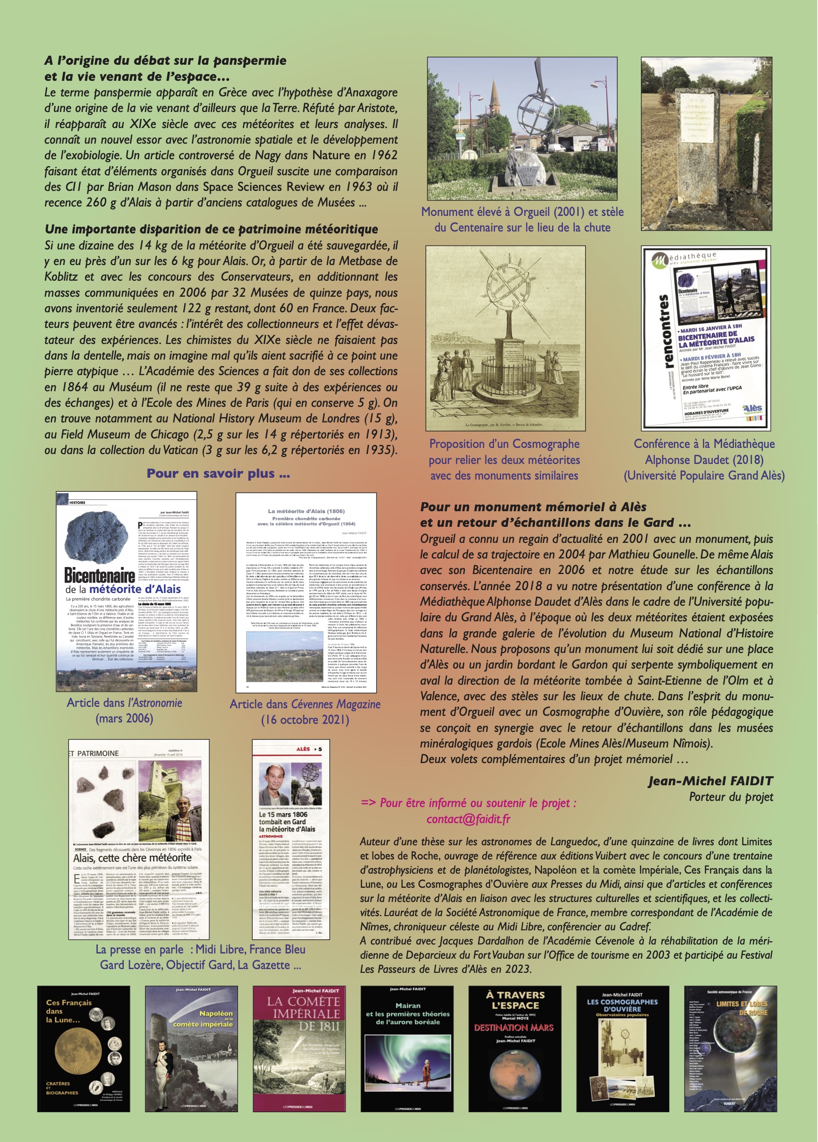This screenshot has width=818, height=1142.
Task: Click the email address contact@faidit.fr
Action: pyautogui.click(x=468, y=819)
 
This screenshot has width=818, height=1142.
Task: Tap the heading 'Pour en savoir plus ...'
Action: pyautogui.click(x=218, y=473)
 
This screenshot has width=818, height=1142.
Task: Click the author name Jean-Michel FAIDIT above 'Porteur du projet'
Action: pyautogui.click(x=710, y=781)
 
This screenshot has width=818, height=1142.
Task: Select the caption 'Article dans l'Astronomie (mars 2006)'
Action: pyautogui.click(x=124, y=711)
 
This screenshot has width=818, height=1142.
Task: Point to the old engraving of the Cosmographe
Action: pyautogui.click(x=505, y=338)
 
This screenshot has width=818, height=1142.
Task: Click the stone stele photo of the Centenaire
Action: pyautogui.click(x=706, y=144)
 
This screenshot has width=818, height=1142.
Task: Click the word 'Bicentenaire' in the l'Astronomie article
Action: pyautogui.click(x=100, y=575)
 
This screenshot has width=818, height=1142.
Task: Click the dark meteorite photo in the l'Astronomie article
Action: pyautogui.click(x=100, y=536)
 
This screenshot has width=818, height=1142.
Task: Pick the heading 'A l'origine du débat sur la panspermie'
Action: pyautogui.click(x=165, y=60)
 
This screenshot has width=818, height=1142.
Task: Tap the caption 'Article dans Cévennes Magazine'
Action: pyautogui.click(x=305, y=704)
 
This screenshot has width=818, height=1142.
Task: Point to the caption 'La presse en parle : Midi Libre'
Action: pyautogui.click(x=200, y=950)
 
